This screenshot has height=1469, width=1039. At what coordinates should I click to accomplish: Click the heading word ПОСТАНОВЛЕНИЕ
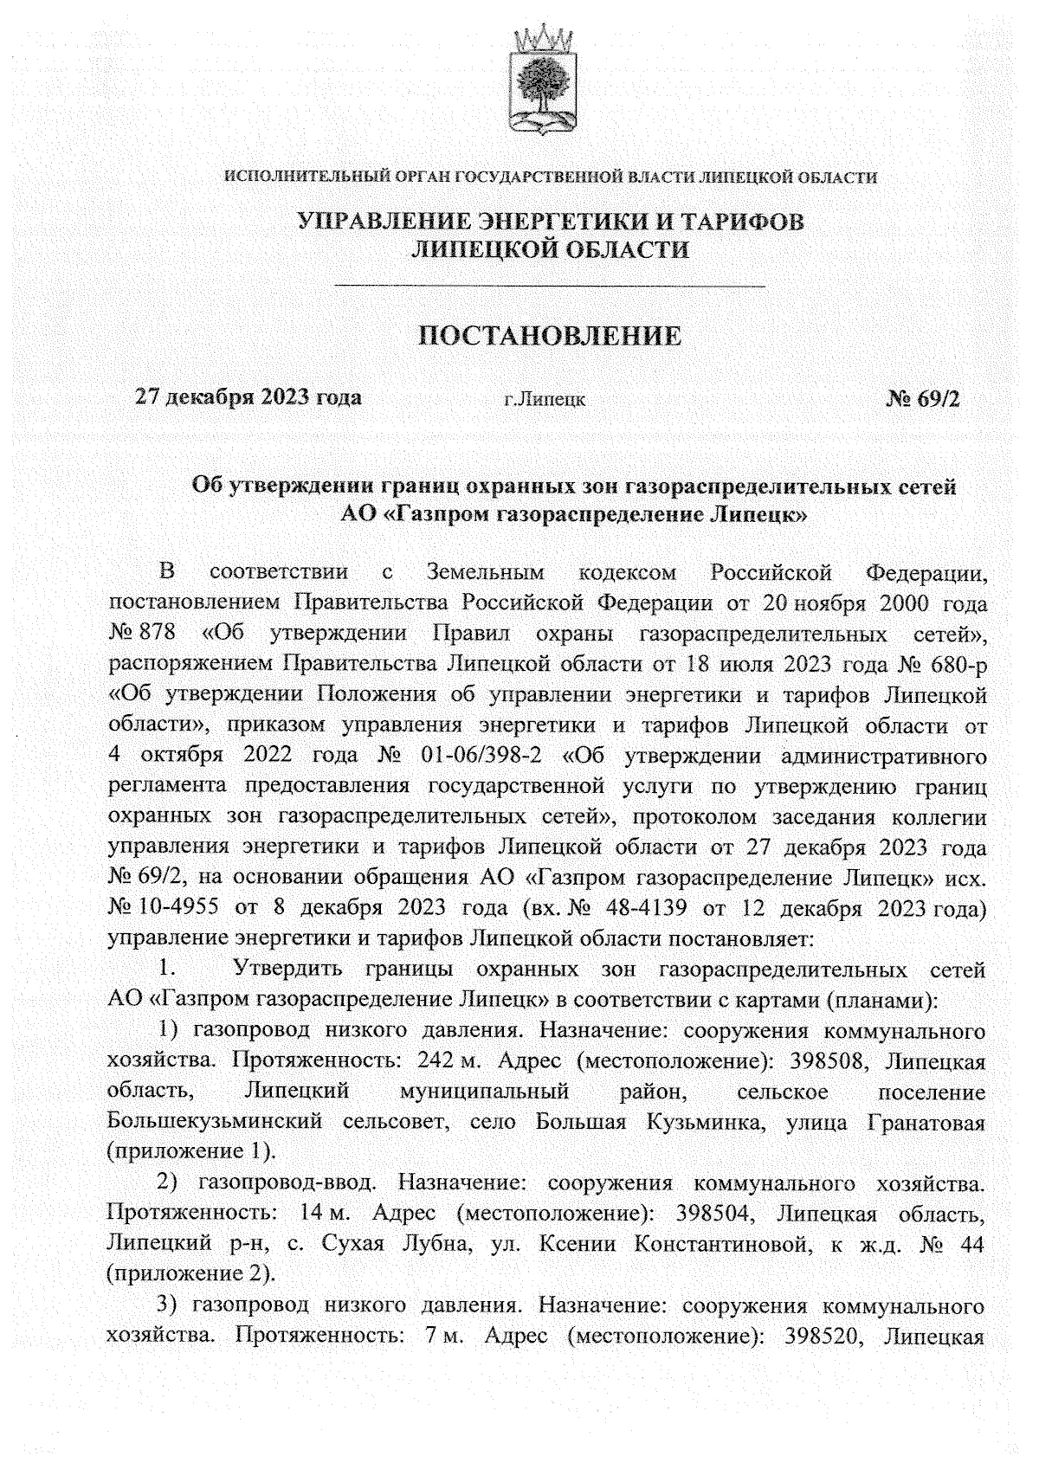pos(550,336)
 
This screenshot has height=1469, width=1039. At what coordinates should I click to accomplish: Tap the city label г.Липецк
pos(544,400)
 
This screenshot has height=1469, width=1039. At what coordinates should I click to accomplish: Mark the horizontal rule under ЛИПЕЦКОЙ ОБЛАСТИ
pos(550,285)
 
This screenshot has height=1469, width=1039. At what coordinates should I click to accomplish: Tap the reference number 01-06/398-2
pos(481,755)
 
